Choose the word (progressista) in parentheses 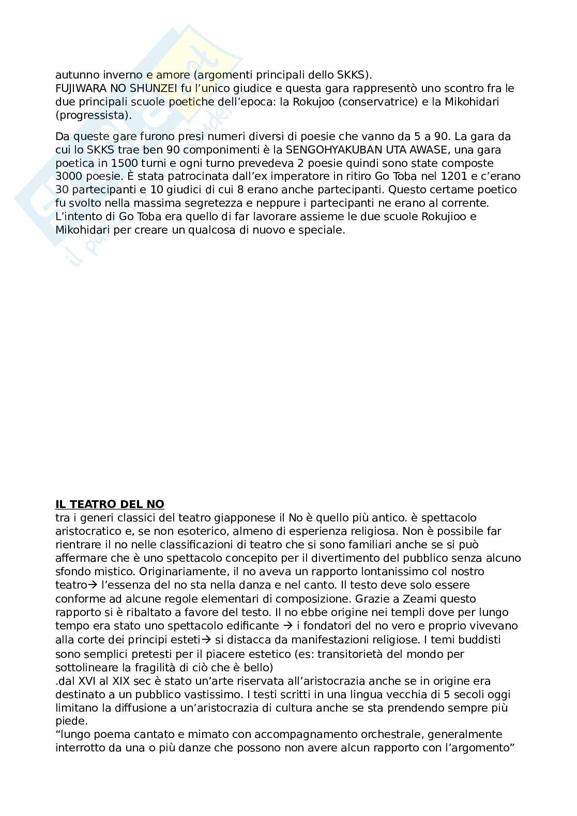pos(93,115)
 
